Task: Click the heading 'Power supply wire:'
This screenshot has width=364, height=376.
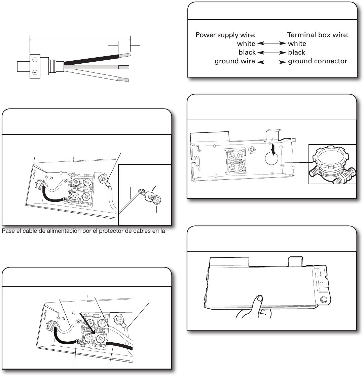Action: tap(226, 35)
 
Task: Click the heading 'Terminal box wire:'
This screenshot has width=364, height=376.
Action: tap(318, 35)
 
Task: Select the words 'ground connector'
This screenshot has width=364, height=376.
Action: tap(318, 61)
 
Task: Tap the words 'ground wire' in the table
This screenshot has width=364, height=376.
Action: tap(235, 61)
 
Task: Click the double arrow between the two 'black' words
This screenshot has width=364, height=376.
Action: tap(271, 53)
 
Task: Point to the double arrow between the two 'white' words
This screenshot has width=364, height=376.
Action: tap(271, 43)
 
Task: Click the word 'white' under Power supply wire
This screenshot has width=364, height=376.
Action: tap(246, 44)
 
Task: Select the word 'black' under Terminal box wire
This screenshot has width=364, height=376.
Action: tap(296, 52)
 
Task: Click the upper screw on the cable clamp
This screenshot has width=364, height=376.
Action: tap(35, 60)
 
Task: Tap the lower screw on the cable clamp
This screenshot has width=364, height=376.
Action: tap(35, 72)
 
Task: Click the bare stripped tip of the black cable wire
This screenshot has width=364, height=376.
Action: tap(125, 55)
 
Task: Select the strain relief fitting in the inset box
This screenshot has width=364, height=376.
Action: tap(332, 165)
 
